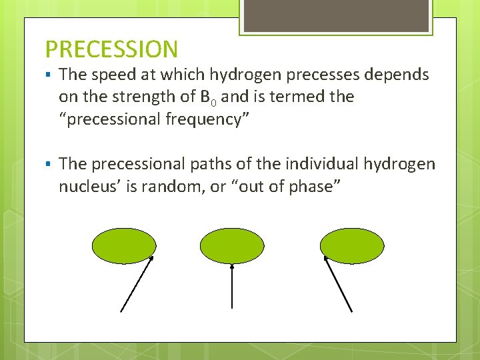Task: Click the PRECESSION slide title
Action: click(111, 49)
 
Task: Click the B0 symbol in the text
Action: click(207, 97)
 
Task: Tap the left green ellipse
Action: click(123, 244)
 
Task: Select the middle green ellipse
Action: click(232, 244)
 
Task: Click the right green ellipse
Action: click(352, 244)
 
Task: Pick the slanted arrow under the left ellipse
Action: click(137, 283)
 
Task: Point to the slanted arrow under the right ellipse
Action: click(338, 283)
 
